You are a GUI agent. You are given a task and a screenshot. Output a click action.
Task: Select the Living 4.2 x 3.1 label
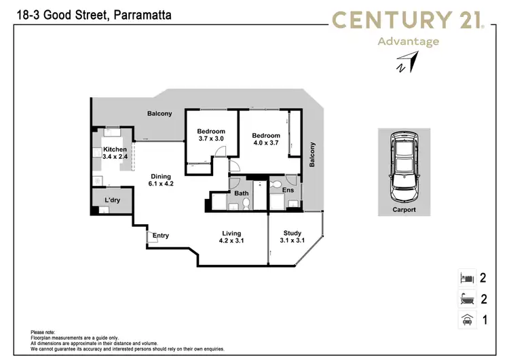coord(231,237)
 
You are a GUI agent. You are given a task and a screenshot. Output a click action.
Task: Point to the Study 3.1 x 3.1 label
coord(292,237)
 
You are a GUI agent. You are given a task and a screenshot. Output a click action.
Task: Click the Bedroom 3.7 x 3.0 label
coord(210,134)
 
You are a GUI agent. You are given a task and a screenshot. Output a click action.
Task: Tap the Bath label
coord(242,194)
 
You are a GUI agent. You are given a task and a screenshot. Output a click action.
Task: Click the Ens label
coord(288,191)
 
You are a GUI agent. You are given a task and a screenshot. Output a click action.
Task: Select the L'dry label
coord(113,200)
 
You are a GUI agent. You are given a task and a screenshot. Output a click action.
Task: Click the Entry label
coord(161,236)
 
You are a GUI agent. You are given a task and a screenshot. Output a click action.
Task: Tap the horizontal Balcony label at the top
coord(159,113)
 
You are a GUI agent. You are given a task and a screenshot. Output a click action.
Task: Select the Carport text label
coord(403,210)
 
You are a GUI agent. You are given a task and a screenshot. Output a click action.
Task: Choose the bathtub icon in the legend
coord(466,298)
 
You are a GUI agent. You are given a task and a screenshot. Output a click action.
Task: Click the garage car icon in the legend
coord(466,319)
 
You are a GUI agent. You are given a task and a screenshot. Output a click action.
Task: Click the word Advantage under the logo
coord(407,41)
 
